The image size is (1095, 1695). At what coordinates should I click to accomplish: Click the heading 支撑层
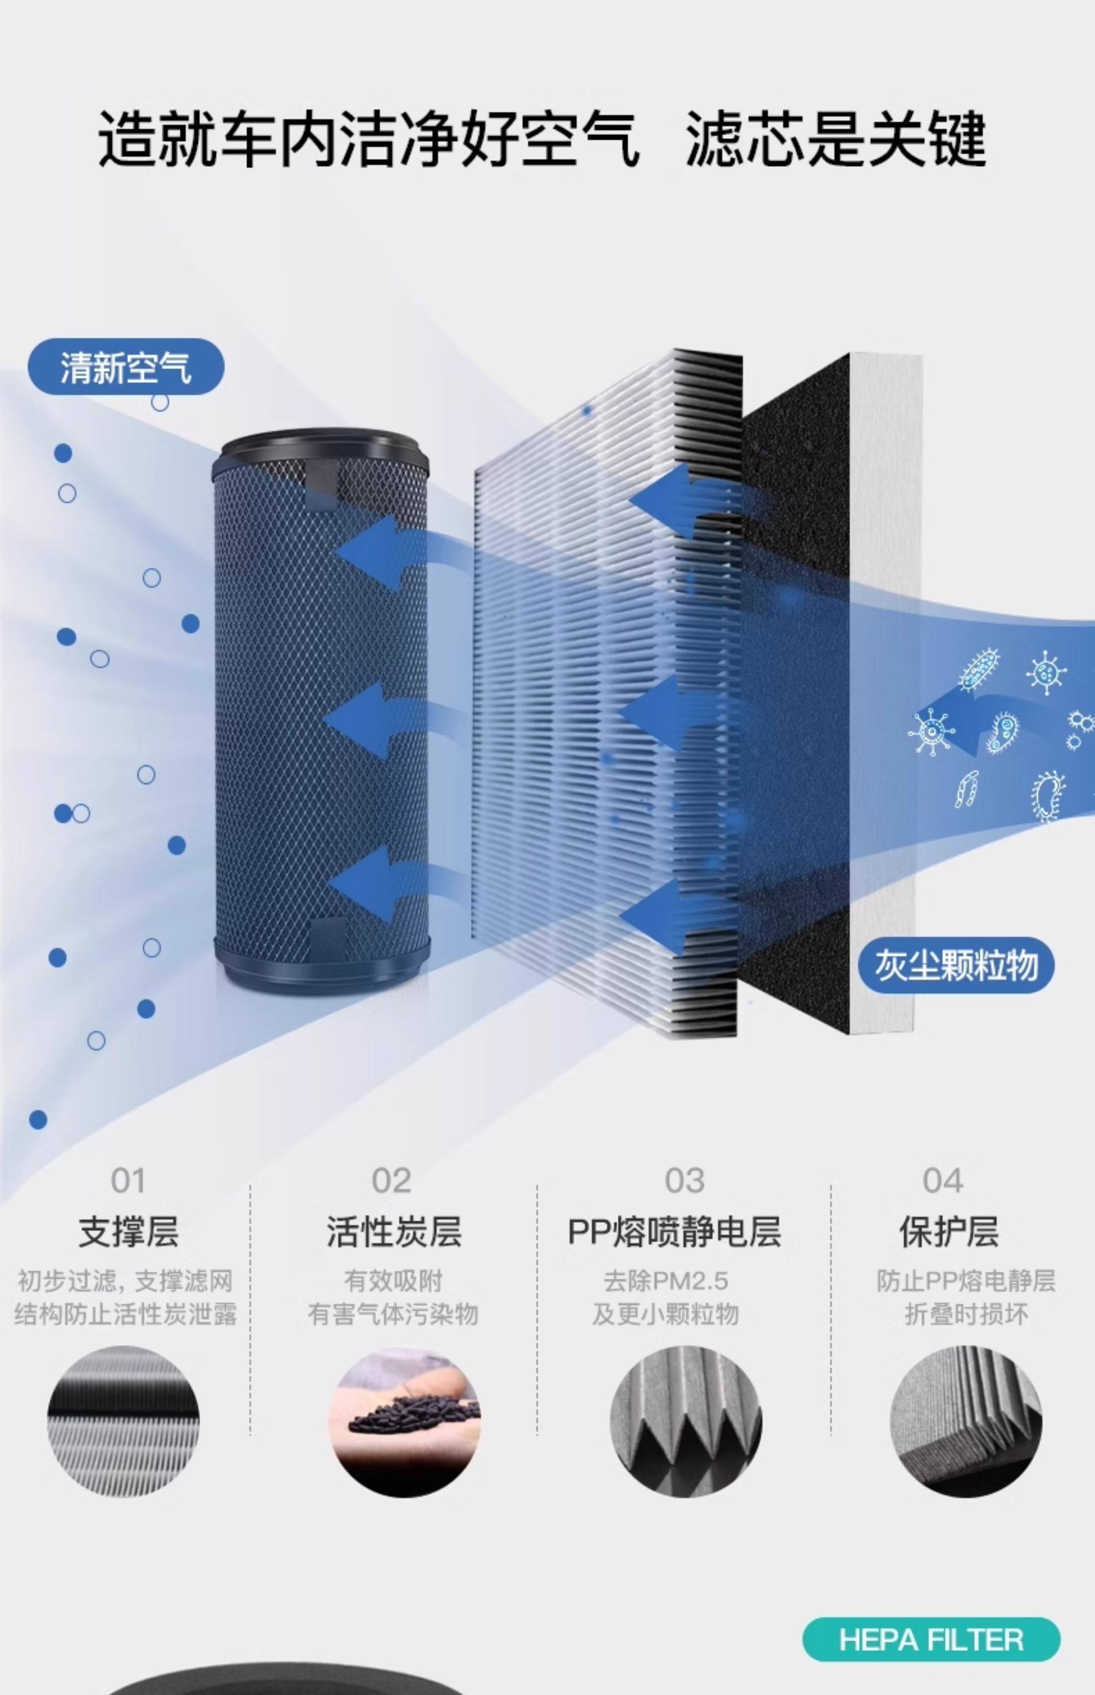128,1232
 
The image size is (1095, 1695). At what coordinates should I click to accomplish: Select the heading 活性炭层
394,1232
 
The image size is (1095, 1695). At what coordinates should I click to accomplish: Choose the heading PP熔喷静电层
674,1232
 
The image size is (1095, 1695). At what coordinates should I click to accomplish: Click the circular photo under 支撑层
123,1421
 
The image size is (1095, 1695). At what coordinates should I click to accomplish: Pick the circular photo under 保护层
966,1421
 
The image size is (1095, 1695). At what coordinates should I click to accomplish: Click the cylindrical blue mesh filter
321,711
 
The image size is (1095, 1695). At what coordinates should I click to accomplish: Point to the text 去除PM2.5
665,1281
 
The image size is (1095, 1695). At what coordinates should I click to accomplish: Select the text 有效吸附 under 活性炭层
393,1281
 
